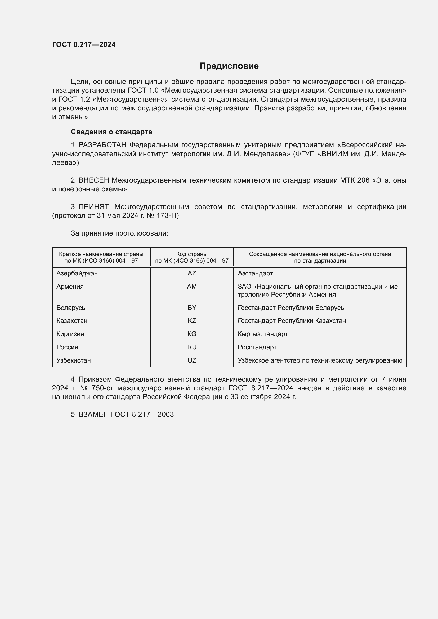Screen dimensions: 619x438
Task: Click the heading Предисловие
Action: click(229, 66)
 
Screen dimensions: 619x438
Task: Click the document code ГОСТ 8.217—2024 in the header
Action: click(84, 44)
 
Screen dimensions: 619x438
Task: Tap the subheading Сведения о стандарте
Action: click(111, 132)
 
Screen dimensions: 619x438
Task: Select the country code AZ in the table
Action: click(192, 273)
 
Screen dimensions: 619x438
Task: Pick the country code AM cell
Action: click(192, 287)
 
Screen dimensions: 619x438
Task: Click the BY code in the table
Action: click(192, 308)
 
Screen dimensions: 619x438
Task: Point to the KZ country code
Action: click(192, 321)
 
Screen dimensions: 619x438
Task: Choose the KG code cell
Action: click(192, 334)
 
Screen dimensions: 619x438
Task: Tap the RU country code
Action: click(192, 347)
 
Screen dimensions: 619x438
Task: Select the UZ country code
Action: click(192, 360)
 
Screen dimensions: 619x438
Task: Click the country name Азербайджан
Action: click(77, 273)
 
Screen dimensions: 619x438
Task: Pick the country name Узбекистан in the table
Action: click(74, 360)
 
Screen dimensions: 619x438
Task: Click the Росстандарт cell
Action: click(257, 347)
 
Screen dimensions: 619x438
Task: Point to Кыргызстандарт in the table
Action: click(263, 334)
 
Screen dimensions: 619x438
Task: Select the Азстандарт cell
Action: click(255, 273)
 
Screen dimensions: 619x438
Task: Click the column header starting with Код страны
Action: click(192, 257)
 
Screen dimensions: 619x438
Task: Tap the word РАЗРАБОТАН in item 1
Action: click(102, 145)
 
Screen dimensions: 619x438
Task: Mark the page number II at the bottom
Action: click(54, 563)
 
